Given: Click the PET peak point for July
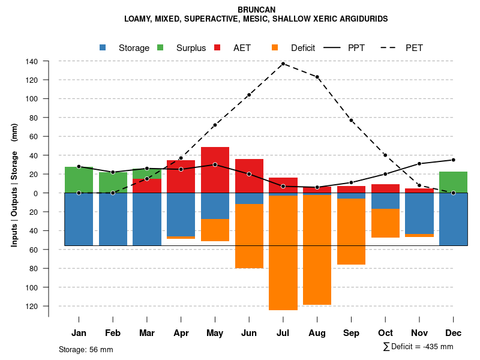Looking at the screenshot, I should tap(283, 64).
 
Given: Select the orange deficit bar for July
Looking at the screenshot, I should tap(283, 252).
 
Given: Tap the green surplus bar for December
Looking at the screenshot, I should tap(454, 182).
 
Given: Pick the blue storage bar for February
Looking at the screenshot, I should tap(113, 219).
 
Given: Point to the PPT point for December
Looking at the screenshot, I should tap(454, 160).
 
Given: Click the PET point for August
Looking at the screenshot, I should tap(317, 77).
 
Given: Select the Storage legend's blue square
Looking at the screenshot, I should tap(103, 48).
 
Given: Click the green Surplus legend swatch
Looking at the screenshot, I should tap(160, 48).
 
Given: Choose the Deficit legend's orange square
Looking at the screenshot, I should tap(275, 48).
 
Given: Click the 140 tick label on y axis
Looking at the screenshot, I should tap(32, 61).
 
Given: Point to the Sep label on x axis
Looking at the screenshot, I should tap(352, 333).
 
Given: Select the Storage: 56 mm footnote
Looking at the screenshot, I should tap(86, 349).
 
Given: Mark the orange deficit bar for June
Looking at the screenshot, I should tap(249, 236).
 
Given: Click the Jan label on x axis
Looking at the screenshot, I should tap(79, 333).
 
